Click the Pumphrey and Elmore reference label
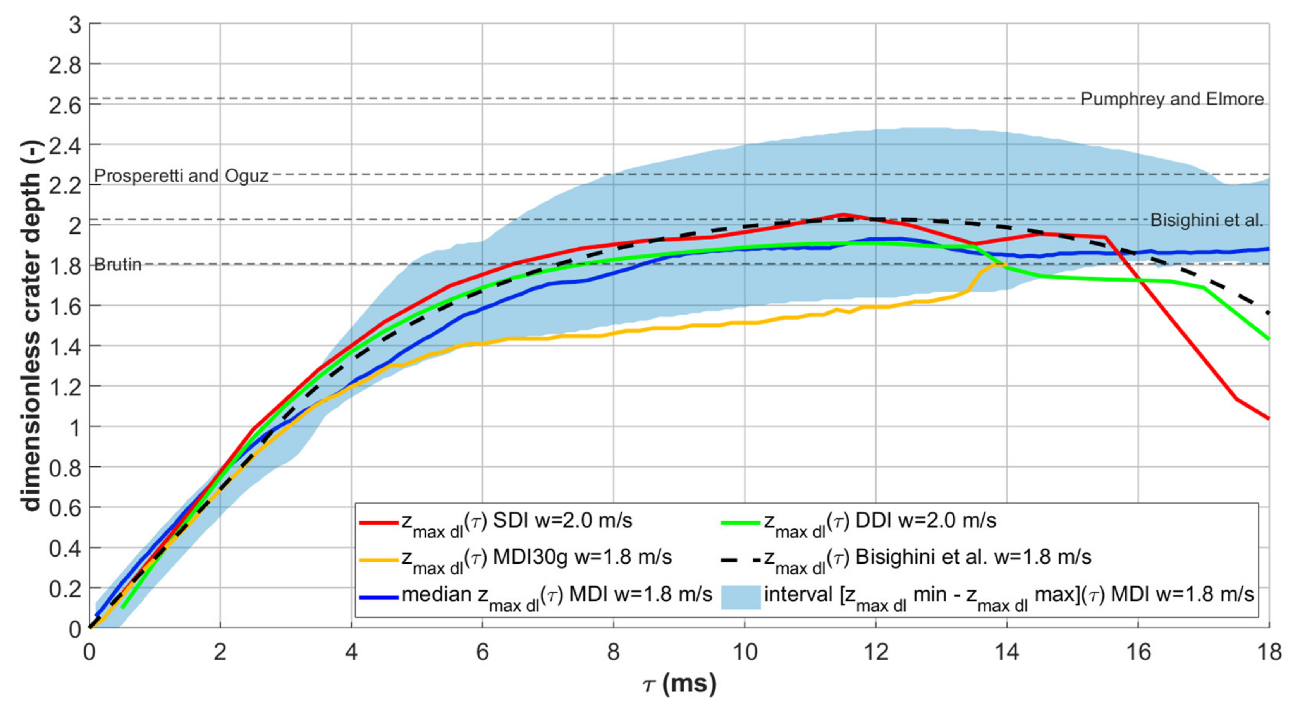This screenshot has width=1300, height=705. pyautogui.click(x=1171, y=99)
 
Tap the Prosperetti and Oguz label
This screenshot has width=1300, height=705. pyautogui.click(x=181, y=175)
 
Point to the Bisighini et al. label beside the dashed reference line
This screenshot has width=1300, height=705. pyautogui.click(x=1207, y=220)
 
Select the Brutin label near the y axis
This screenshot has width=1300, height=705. pyautogui.click(x=118, y=265)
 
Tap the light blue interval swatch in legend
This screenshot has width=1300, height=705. pyautogui.click(x=740, y=597)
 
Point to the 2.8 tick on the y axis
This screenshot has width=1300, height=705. pyautogui.click(x=65, y=65)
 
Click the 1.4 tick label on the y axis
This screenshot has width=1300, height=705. pyautogui.click(x=65, y=347)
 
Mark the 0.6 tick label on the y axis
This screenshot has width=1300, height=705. pyautogui.click(x=65, y=508)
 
